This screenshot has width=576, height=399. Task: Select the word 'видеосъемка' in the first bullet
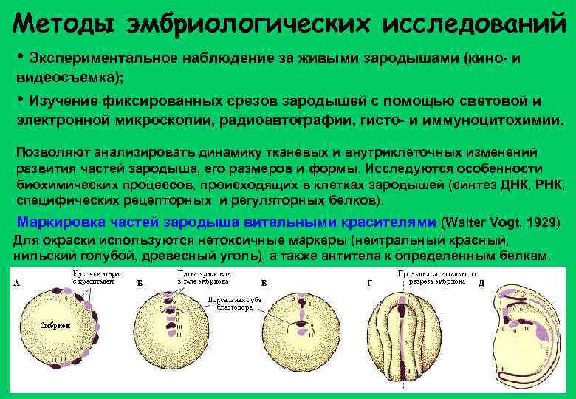(56, 77)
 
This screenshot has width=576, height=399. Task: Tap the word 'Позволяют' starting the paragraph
(50, 153)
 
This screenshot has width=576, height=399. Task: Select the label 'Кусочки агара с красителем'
(92, 277)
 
